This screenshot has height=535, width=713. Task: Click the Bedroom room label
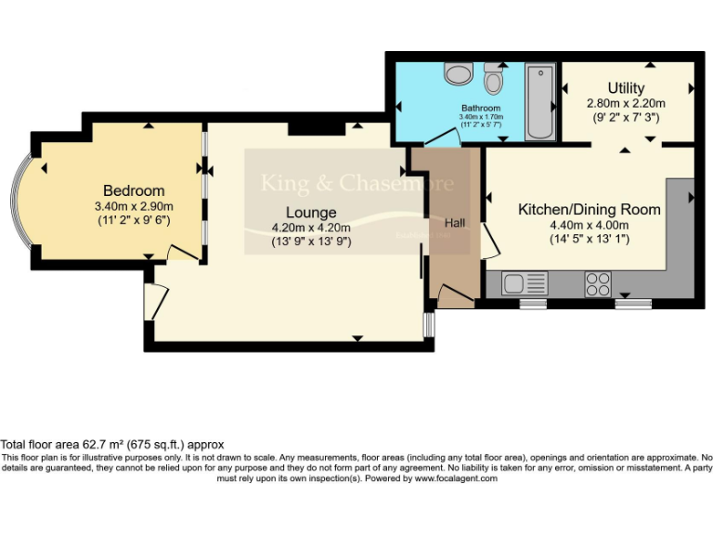click(134, 190)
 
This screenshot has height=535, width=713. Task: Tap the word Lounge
click(311, 213)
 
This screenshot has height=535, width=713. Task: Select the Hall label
click(455, 223)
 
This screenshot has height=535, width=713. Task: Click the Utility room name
click(626, 88)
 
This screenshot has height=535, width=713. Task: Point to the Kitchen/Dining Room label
click(589, 209)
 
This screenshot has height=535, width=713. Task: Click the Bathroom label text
click(481, 108)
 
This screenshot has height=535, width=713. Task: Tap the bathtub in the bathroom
click(539, 101)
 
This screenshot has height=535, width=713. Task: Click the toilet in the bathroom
click(494, 80)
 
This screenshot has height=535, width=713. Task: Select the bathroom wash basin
click(457, 72)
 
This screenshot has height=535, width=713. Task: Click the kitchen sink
click(525, 283)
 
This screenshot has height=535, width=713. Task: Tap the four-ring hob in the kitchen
click(597, 283)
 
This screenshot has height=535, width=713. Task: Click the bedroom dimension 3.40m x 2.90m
click(134, 206)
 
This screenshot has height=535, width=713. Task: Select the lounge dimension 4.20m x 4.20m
click(311, 228)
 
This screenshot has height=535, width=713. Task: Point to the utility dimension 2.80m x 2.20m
click(626, 104)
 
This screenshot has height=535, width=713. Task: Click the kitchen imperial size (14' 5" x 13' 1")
click(589, 239)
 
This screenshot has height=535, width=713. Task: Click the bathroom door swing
click(444, 137)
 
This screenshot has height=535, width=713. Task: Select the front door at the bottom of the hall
click(455, 297)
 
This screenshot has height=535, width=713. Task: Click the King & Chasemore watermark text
click(357, 182)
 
